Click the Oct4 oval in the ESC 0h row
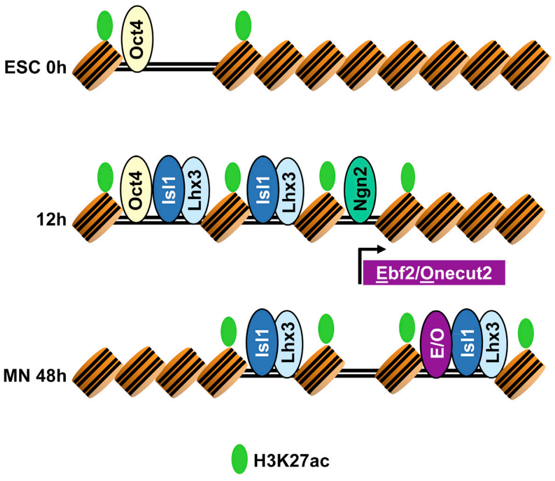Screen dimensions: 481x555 137,42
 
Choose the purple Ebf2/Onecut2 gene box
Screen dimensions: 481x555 434,273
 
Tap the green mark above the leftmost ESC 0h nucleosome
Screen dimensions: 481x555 105,26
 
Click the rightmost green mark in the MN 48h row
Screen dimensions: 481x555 526,333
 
